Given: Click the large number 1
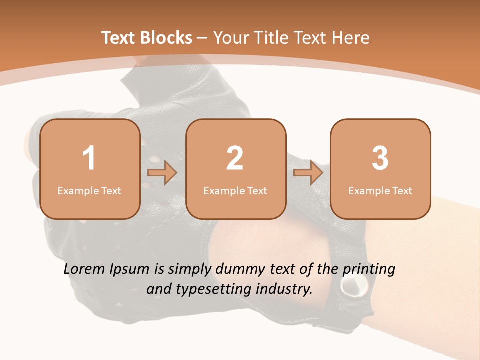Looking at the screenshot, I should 89,158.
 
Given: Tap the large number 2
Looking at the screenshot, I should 235,158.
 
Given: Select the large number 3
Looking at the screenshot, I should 380,158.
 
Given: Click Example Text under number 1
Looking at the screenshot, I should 89,190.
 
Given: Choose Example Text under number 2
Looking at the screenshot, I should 235,190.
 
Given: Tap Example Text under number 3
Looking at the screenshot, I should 380,190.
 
